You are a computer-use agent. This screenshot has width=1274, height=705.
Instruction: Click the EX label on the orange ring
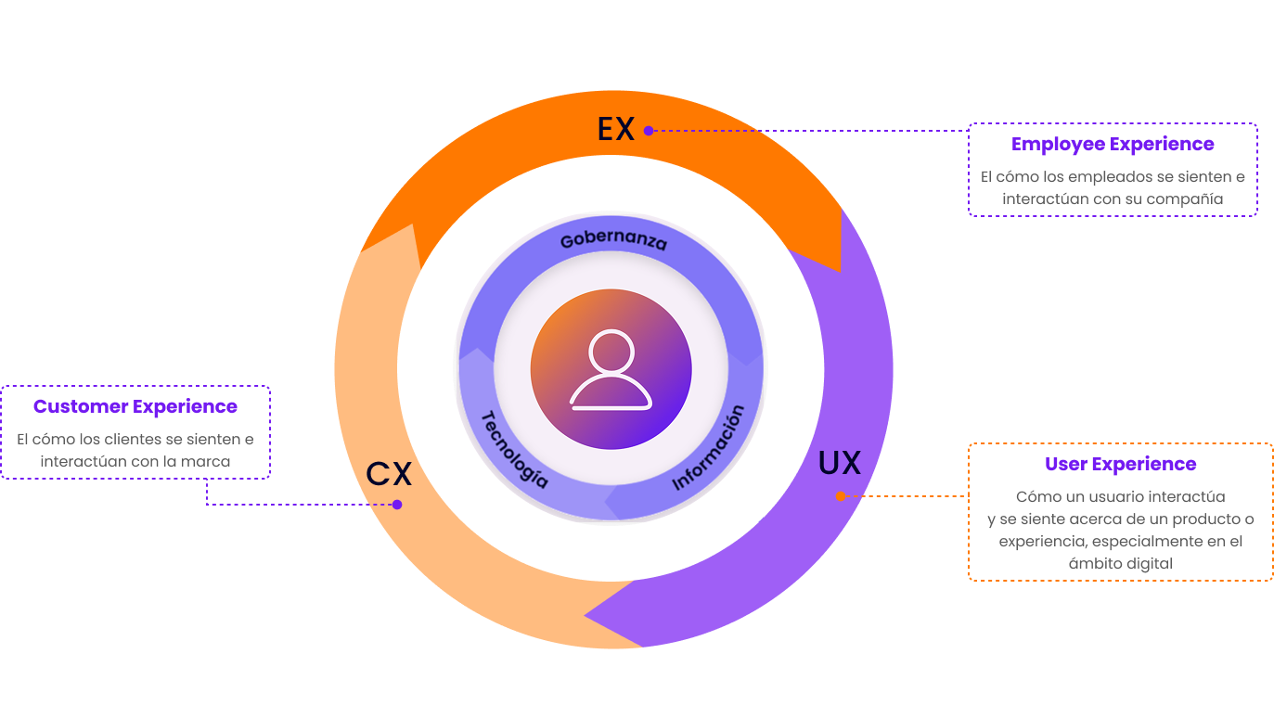click(616, 129)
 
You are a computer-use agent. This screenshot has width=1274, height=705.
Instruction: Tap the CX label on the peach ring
click(389, 474)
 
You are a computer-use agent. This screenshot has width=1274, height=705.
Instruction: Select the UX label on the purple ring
click(840, 463)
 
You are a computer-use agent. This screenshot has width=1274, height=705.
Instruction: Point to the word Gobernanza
click(613, 240)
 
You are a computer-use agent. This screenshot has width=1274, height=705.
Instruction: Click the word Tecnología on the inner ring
click(514, 449)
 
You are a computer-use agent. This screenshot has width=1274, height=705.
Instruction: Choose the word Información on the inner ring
click(709, 447)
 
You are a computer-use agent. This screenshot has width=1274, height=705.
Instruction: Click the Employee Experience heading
click(1113, 145)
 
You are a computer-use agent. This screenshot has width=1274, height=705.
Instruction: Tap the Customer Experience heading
click(135, 406)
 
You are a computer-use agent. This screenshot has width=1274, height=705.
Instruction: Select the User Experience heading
click(1121, 464)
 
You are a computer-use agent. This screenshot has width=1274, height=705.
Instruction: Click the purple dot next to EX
click(649, 131)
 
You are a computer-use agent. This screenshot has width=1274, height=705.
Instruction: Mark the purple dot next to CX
click(397, 505)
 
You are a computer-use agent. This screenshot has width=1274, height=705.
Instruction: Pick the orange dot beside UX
click(841, 496)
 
